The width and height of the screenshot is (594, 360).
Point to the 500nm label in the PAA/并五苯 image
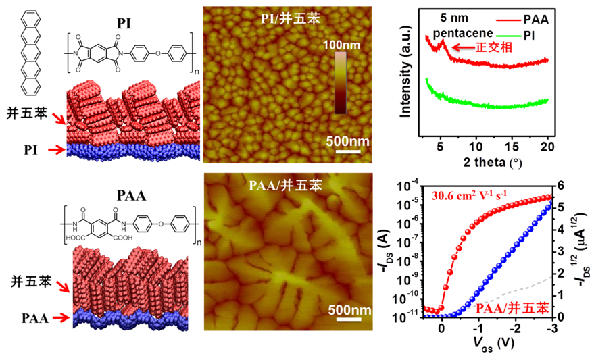(x=349, y=310)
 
